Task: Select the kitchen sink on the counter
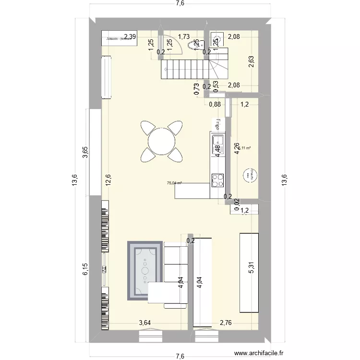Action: (x=217, y=141)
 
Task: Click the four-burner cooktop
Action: (x=217, y=180)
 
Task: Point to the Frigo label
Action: (x=217, y=123)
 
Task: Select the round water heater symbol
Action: (x=249, y=175)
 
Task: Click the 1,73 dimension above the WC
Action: (x=184, y=36)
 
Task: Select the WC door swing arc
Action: (x=176, y=45)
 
